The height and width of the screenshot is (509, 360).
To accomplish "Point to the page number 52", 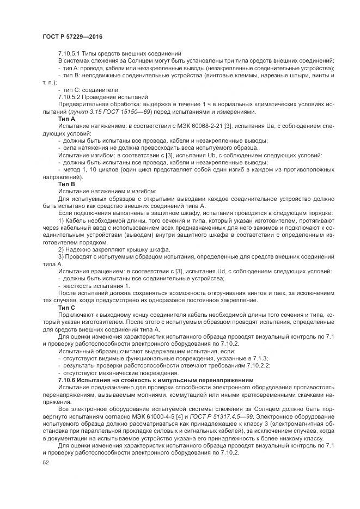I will click(x=46, y=462).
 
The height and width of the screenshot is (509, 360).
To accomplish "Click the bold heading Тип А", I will click(x=66, y=118).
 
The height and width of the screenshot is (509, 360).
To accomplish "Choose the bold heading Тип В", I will click(x=66, y=183).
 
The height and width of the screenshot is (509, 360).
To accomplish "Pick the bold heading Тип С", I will click(x=66, y=308).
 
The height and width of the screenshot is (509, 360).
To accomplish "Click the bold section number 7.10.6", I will click(x=69, y=379).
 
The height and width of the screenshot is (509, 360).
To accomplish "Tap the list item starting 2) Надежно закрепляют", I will click(x=96, y=249).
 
